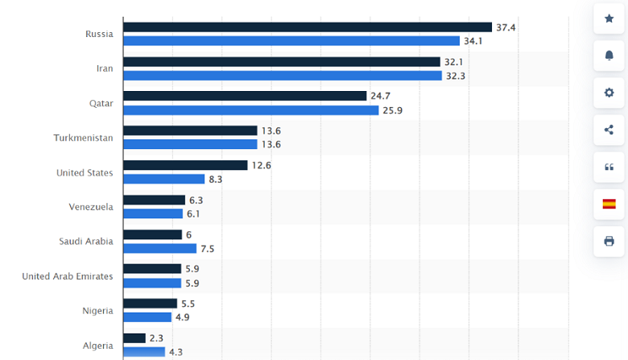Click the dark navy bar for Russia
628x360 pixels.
307,27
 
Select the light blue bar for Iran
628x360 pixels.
283,76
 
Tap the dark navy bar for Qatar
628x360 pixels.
245,96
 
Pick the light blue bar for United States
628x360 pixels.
163,179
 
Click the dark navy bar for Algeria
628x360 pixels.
134,338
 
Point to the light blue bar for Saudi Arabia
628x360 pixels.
159,248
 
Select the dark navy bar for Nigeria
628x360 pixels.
150,304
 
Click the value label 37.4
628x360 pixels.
506,27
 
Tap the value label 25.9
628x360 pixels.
392,110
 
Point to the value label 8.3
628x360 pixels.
216,179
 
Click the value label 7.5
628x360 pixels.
207,249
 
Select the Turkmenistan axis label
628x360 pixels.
83,138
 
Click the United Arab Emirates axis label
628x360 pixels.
68,276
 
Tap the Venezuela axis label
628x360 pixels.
91,207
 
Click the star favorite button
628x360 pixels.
609,19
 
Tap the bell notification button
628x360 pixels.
609,56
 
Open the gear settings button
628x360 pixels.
609,93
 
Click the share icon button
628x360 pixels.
609,130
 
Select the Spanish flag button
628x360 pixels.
609,204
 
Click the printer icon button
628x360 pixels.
609,241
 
